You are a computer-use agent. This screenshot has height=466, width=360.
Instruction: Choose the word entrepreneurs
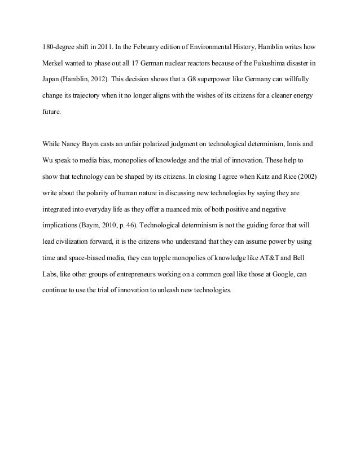pos(134,275)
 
